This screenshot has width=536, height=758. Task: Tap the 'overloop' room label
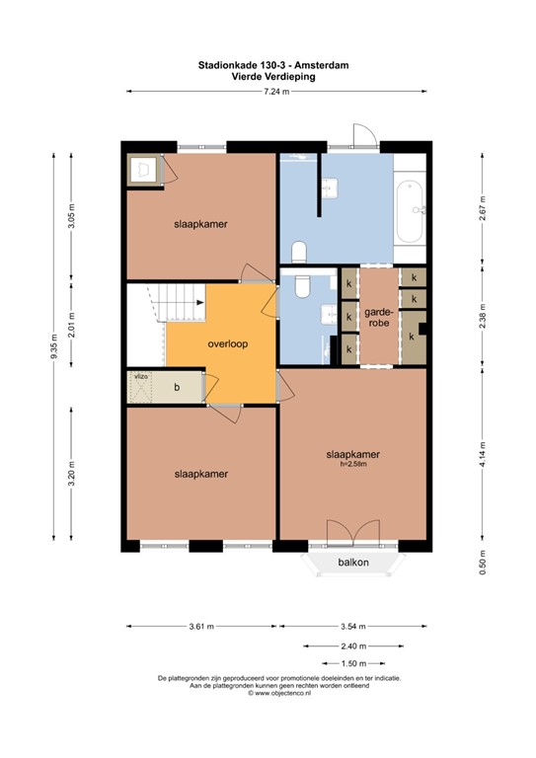tap(228, 343)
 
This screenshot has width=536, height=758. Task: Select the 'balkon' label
tap(353, 563)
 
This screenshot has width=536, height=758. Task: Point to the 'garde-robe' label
tap(379, 317)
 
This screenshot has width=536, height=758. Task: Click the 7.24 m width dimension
tap(276, 92)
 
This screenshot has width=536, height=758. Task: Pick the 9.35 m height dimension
tap(54, 346)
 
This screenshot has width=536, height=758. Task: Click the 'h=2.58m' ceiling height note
tap(353, 464)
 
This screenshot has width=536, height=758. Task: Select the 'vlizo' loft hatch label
tap(141, 375)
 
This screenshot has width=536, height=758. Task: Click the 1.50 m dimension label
tap(353, 663)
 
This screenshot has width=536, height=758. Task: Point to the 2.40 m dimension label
tap(353, 645)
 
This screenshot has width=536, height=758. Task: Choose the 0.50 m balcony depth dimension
tap(483, 563)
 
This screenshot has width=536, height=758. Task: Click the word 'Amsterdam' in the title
tap(322, 65)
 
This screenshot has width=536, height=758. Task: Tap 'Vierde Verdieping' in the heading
tap(273, 76)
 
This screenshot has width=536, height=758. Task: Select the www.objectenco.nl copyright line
tap(279, 693)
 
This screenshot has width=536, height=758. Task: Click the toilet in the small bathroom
tap(303, 286)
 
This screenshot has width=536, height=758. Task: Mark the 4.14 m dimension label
tap(483, 453)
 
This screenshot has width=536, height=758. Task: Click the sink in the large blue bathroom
tap(330, 189)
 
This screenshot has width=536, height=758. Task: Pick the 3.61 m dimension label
tap(201, 627)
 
